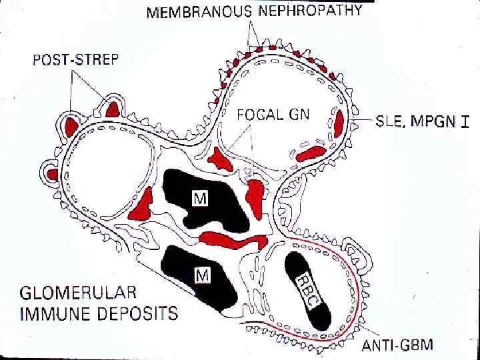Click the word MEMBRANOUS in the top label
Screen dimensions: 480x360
[x=199, y=11]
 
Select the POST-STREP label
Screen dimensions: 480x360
[x=75, y=59]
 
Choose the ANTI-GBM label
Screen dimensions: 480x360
[x=397, y=345]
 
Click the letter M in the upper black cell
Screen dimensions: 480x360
[x=199, y=197]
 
